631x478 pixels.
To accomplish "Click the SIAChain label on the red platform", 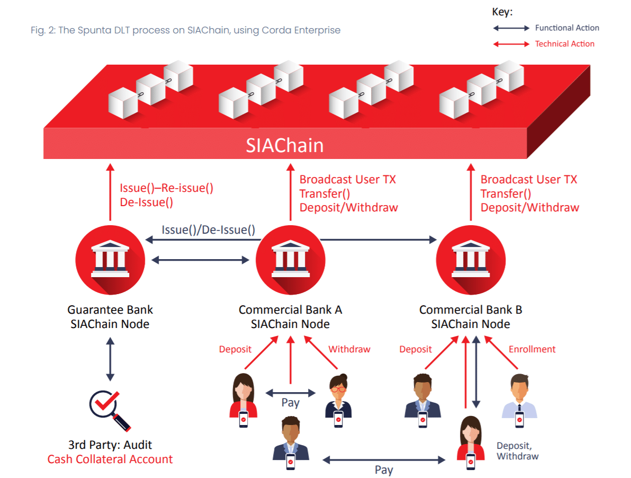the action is (x=284, y=145).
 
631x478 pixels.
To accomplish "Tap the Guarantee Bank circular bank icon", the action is (x=110, y=260).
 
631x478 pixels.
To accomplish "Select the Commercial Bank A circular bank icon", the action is (x=291, y=260).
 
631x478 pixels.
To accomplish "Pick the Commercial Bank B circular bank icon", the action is (x=471, y=260).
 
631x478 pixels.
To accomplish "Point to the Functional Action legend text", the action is (x=567, y=28).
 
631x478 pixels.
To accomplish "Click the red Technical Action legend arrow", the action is (x=511, y=44).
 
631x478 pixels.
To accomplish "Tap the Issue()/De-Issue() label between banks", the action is (x=209, y=230).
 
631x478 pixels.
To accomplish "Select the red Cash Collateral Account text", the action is (x=110, y=459).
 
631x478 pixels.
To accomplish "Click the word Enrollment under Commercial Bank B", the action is (x=532, y=349).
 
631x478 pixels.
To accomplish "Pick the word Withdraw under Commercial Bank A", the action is (x=349, y=349).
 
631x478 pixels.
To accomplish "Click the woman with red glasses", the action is (x=338, y=400).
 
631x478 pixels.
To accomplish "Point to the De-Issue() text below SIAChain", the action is (x=147, y=202).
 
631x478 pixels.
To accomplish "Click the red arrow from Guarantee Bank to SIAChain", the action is (x=110, y=192).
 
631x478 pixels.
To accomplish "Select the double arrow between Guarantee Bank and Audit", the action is (x=110, y=359).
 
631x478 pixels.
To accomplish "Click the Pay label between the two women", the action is (x=291, y=403).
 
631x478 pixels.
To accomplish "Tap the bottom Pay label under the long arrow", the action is (x=384, y=470).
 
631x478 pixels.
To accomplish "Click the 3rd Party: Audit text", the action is (x=110, y=445).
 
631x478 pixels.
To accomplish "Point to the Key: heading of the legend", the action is (x=502, y=12).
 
